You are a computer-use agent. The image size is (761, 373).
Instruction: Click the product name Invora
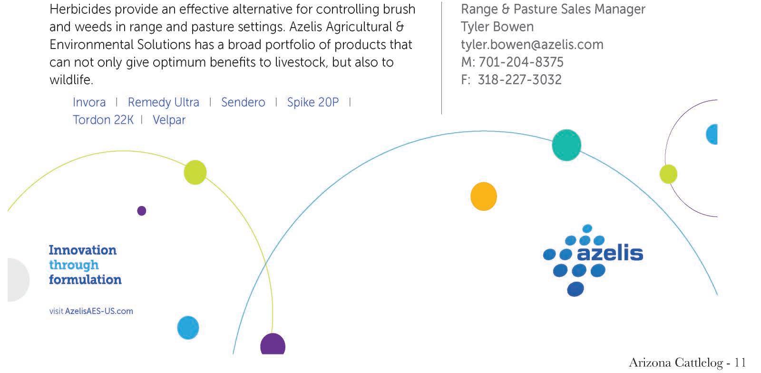89,102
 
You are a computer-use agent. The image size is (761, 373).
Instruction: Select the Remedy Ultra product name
163,102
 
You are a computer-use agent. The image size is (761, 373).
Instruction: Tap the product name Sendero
243,102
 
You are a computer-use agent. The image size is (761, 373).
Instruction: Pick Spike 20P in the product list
312,102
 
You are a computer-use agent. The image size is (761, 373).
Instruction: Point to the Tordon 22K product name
103,120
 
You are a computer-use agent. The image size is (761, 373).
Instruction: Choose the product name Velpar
169,120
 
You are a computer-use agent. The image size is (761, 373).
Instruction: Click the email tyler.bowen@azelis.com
532,45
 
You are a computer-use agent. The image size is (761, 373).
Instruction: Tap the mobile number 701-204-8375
521,62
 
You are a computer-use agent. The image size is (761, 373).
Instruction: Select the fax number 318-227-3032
519,80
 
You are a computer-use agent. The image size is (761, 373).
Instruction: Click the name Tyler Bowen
497,27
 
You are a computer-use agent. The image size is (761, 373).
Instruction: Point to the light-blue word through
74,265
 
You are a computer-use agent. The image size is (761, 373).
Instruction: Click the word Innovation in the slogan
82,250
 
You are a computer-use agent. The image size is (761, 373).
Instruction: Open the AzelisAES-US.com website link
99,311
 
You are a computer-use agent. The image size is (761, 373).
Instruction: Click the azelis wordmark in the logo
610,253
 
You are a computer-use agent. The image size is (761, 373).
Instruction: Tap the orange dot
483,196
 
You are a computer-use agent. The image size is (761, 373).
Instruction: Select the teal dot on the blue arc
566,145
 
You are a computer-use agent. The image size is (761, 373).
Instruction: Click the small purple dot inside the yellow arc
141,211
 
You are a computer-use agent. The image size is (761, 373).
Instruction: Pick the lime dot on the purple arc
668,174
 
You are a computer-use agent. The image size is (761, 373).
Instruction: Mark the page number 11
740,363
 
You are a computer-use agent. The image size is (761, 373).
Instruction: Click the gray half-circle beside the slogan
18,280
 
